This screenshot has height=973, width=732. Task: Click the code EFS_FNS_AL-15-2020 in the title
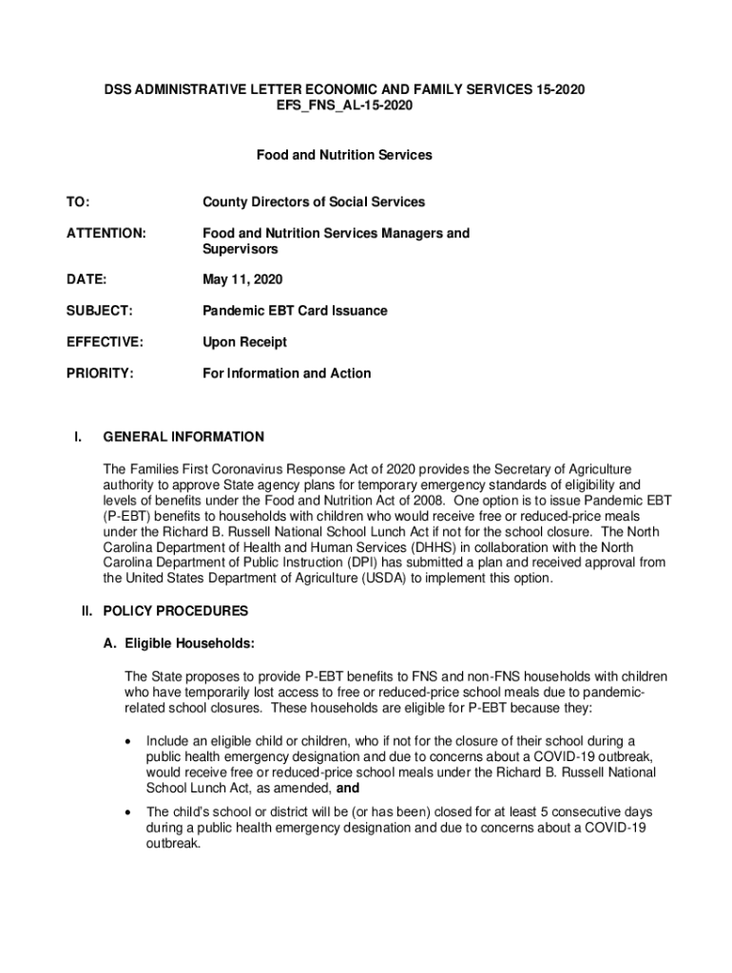pyautogui.click(x=343, y=105)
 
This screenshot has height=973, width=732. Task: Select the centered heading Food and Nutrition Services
pyautogui.click(x=343, y=155)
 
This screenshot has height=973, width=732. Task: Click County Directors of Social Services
pyautogui.click(x=313, y=202)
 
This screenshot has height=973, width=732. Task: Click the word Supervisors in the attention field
pyautogui.click(x=240, y=249)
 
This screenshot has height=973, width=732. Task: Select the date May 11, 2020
pyautogui.click(x=241, y=280)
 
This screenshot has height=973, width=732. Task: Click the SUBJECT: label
pyautogui.click(x=99, y=311)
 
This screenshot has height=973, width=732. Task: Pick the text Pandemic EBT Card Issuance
pyautogui.click(x=295, y=311)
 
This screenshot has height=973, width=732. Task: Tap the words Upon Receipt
pyautogui.click(x=244, y=342)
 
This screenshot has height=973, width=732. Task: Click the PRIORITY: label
pyautogui.click(x=99, y=373)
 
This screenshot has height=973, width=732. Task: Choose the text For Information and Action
pyautogui.click(x=286, y=373)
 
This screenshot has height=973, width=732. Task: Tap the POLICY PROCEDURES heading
pyautogui.click(x=175, y=611)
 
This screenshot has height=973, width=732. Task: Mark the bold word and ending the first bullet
pyautogui.click(x=348, y=788)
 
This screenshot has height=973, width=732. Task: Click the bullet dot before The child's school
pyautogui.click(x=126, y=813)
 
